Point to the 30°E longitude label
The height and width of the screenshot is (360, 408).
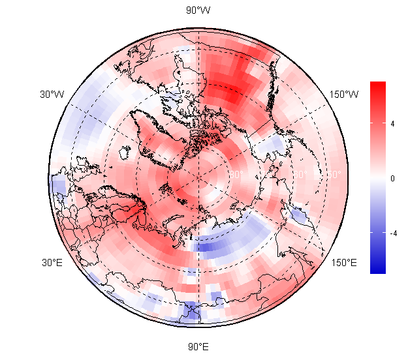tap(52, 263)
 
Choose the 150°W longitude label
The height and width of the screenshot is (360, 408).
tap(343, 95)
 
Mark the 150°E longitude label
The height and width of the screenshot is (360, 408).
tap(344, 263)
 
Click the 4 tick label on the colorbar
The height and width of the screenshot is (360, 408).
tap(392, 123)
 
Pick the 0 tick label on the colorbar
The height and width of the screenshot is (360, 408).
tap(392, 178)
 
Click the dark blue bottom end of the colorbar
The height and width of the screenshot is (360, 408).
tap(378, 269)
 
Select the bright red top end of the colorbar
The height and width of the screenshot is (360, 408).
tap(378, 86)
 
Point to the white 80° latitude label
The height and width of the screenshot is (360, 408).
tap(236, 175)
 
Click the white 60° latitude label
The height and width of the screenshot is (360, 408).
tap(300, 175)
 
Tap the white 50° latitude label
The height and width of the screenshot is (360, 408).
tap(332, 175)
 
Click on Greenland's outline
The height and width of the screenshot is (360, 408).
tap(157, 130)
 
